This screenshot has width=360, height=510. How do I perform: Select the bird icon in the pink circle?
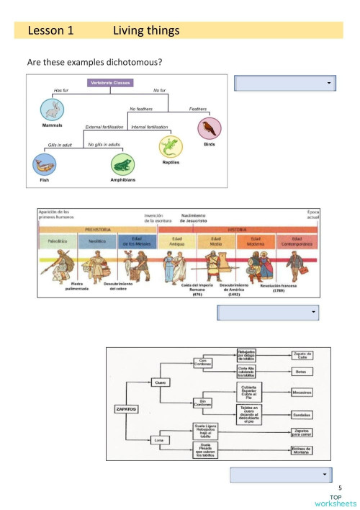[209, 127]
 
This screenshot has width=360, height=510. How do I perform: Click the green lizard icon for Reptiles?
[170, 147]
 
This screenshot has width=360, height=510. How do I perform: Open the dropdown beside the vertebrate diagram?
[285, 84]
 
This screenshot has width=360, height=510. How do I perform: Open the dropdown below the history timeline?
[268, 312]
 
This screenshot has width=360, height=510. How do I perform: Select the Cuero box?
[162, 382]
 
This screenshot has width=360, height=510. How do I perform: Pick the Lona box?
[162, 439]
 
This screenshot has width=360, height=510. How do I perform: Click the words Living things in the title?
[146, 31]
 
